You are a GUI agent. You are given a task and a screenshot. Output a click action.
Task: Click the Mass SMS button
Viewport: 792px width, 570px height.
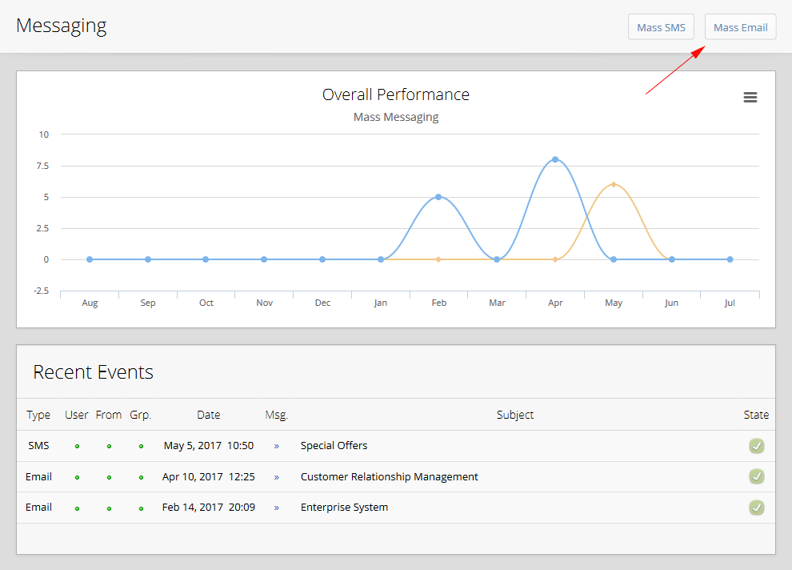point(661,27)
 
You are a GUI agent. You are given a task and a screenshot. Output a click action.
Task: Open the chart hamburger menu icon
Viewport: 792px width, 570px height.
point(750,97)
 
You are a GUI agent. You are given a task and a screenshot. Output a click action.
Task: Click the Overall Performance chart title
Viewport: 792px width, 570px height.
point(396,94)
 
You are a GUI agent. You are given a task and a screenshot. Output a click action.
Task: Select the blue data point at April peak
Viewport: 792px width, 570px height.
point(555,159)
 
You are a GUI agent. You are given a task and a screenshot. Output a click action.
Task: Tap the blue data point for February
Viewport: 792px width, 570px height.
point(438,197)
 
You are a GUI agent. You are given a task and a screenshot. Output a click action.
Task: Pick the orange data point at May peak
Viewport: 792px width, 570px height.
point(614,184)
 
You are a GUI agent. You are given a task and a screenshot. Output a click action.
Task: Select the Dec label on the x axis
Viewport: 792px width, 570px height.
point(322,303)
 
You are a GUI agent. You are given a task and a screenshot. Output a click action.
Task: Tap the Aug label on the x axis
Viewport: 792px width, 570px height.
point(90,303)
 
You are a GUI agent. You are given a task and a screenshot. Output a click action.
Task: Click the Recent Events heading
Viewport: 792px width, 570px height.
point(93,372)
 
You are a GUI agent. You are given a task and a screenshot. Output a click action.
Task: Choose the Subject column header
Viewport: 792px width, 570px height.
point(515,415)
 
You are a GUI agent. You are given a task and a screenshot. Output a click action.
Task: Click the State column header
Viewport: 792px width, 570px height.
point(756,415)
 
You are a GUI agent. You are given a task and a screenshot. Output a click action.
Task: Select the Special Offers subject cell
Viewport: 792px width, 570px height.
point(334,446)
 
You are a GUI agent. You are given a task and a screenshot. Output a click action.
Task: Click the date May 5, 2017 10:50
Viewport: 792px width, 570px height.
point(209,446)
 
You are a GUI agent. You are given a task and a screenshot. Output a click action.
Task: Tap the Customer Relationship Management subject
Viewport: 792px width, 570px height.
point(389,476)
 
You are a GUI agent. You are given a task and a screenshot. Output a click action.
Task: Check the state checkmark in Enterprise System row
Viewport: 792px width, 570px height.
point(757,507)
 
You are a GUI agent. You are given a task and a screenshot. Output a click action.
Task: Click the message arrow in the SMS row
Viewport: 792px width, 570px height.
point(277,446)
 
